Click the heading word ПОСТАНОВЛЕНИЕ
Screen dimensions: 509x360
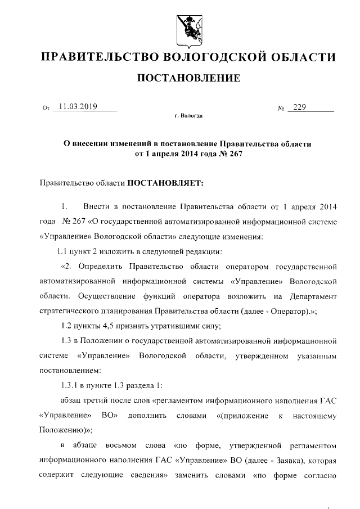[189, 78]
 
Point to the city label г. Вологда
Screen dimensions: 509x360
[188, 116]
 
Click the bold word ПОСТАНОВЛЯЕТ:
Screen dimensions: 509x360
[161, 182]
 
